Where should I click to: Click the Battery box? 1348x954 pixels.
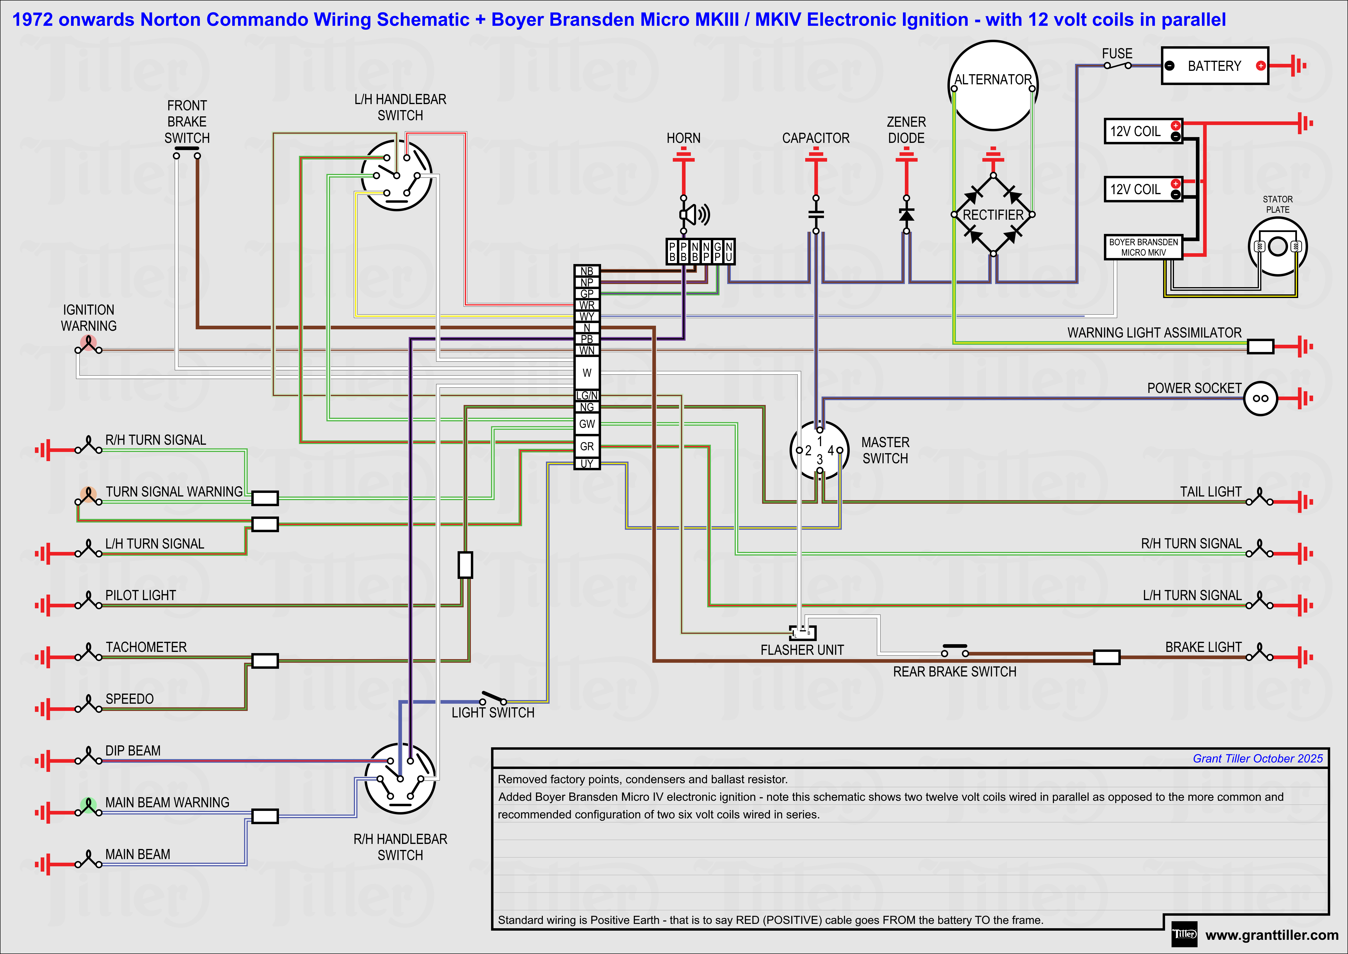[1214, 66]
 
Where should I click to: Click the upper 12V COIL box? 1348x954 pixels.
[1142, 131]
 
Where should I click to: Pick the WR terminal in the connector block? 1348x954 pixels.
[587, 305]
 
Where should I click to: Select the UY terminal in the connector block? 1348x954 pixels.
[587, 464]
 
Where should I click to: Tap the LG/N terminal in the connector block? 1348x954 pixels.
[587, 395]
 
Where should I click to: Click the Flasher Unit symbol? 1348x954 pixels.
[803, 633]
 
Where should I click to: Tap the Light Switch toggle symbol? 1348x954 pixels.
[493, 698]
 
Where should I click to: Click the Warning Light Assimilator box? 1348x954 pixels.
[1260, 347]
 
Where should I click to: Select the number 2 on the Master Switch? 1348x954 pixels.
[809, 450]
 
